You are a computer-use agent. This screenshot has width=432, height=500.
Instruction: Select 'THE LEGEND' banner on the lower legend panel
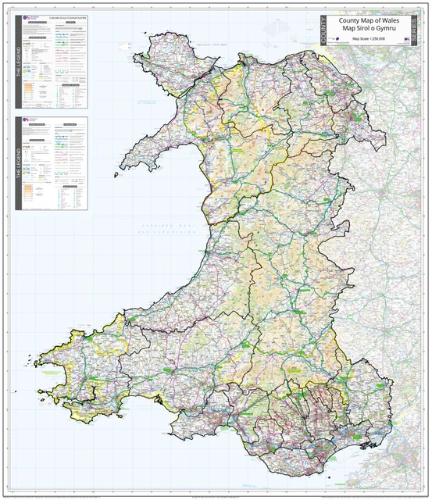pos(18,164)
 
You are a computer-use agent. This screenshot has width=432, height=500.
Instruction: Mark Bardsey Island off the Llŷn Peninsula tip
pos(116,175)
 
